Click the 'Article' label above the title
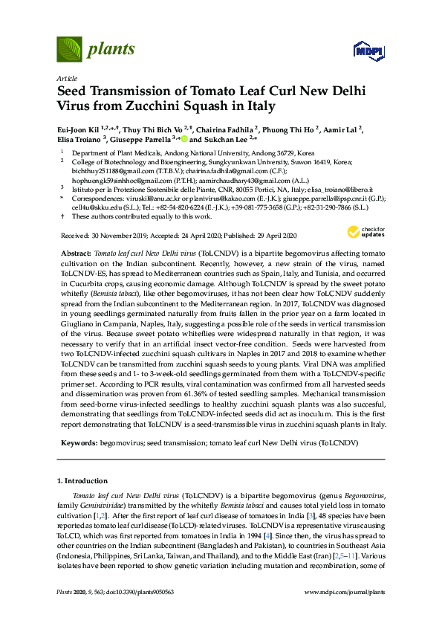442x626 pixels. (66, 78)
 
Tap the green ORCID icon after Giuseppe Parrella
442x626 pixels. (184, 139)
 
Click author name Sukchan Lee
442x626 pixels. (221, 139)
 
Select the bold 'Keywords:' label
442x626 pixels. (79, 442)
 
